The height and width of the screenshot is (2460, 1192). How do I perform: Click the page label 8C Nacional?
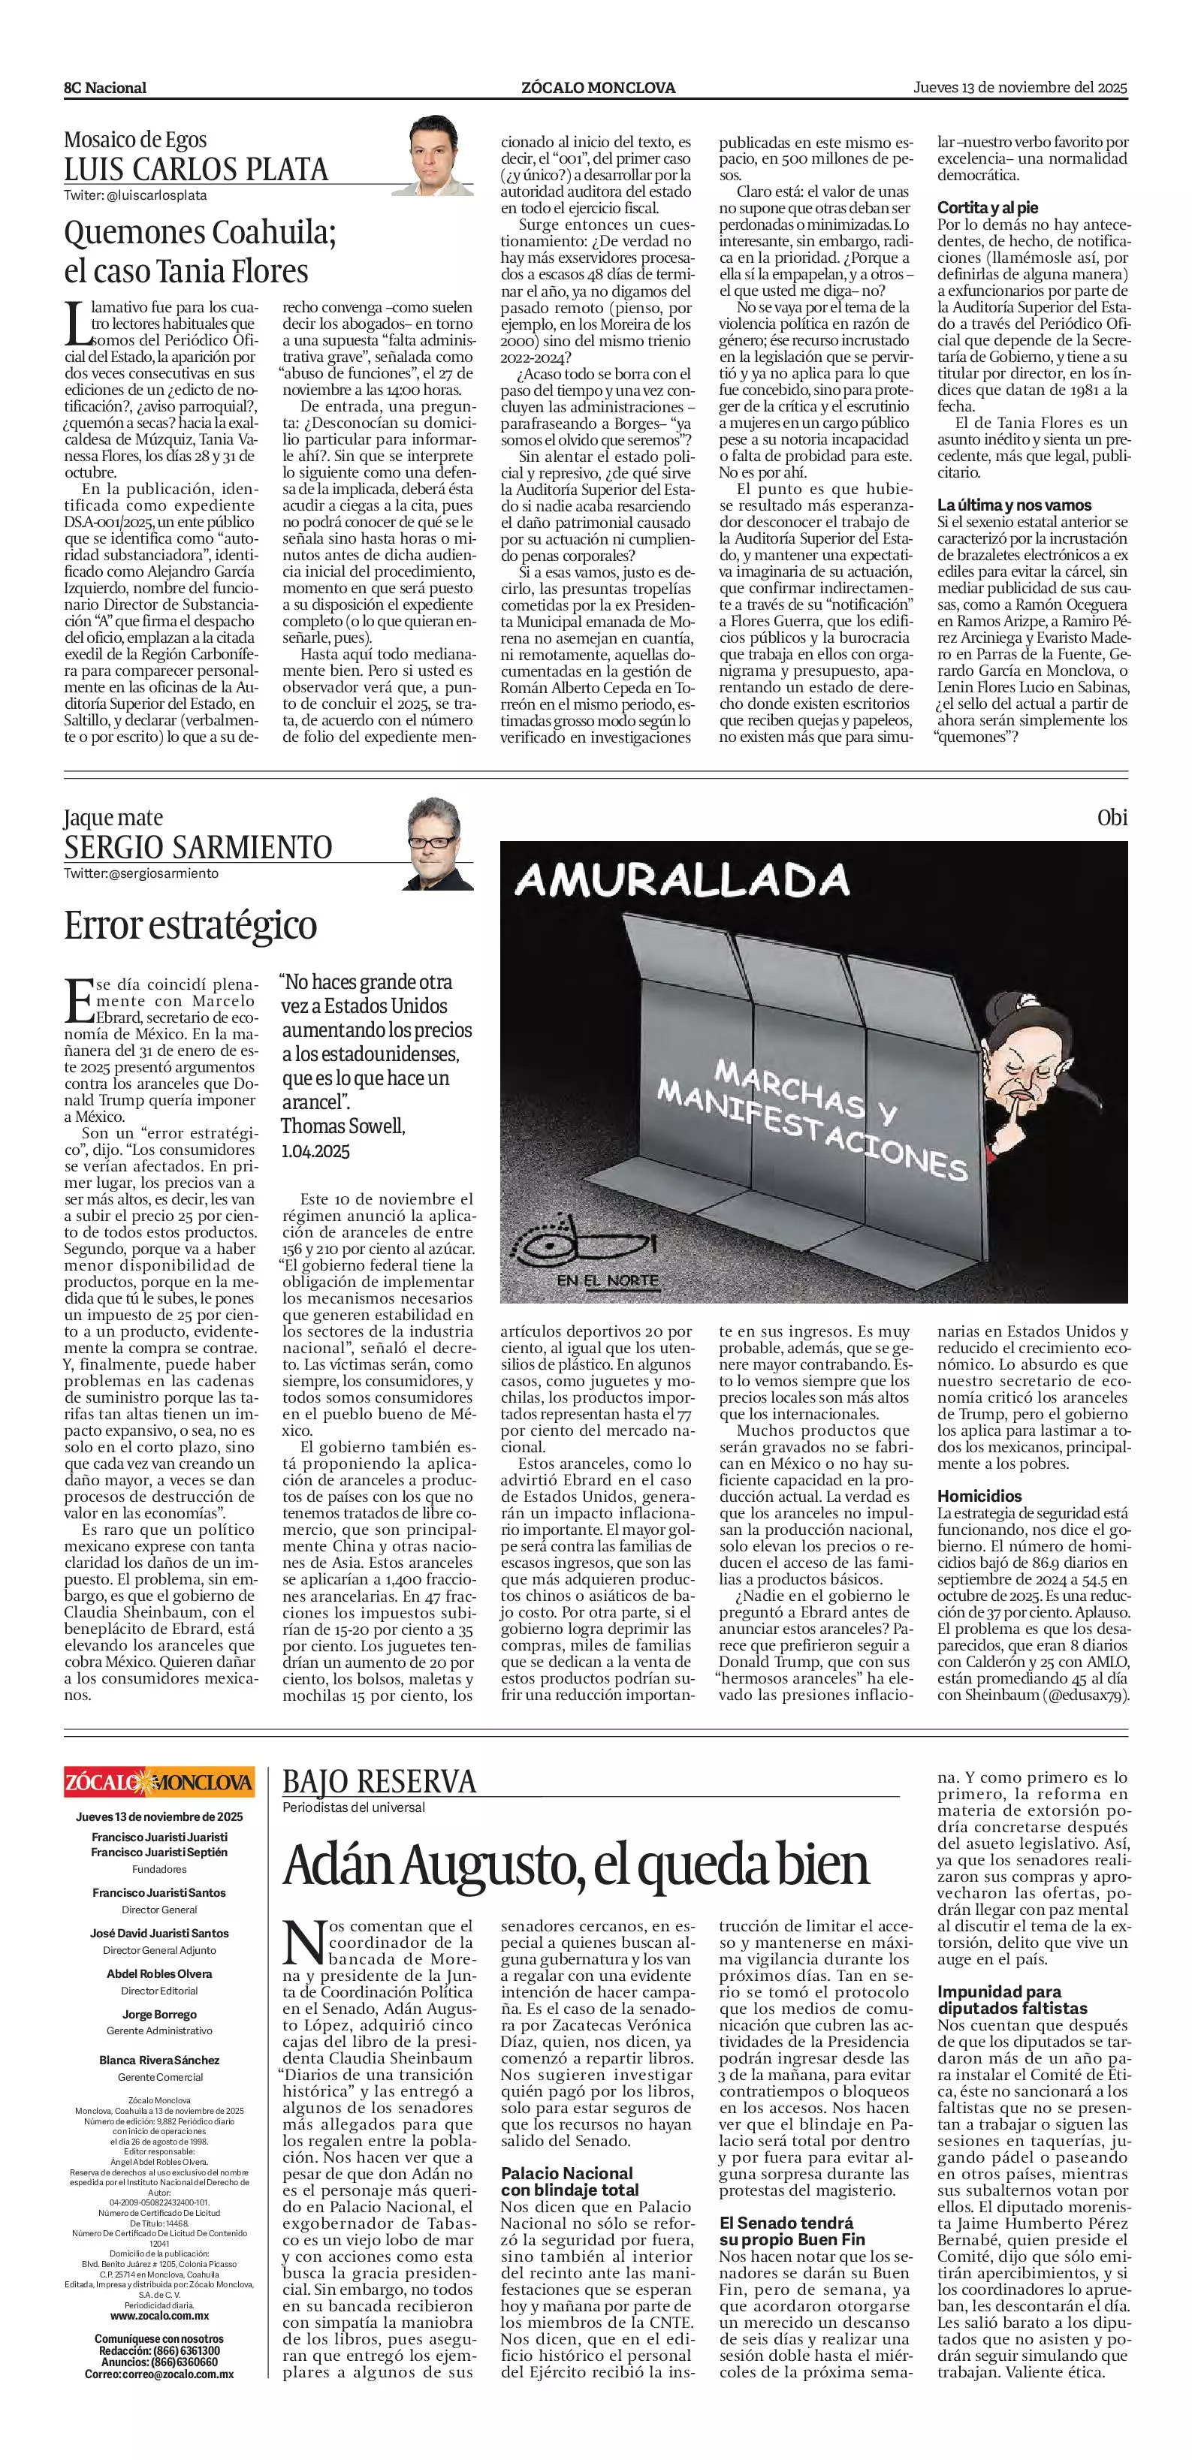point(105,88)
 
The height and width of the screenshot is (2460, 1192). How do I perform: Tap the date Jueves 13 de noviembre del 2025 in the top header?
point(1020,87)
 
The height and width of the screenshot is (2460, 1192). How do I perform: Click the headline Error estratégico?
point(190,925)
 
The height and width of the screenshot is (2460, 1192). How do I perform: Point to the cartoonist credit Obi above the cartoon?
point(1112,818)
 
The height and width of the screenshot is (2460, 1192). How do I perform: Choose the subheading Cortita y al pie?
point(988,207)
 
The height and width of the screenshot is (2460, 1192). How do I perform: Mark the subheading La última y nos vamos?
point(1013,505)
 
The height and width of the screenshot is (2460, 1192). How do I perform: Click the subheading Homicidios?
point(979,1497)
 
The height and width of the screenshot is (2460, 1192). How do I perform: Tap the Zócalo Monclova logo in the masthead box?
point(159,1782)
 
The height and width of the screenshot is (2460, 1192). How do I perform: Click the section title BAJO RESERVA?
point(379,1781)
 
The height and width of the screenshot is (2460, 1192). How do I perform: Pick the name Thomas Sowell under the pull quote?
point(342,1126)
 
